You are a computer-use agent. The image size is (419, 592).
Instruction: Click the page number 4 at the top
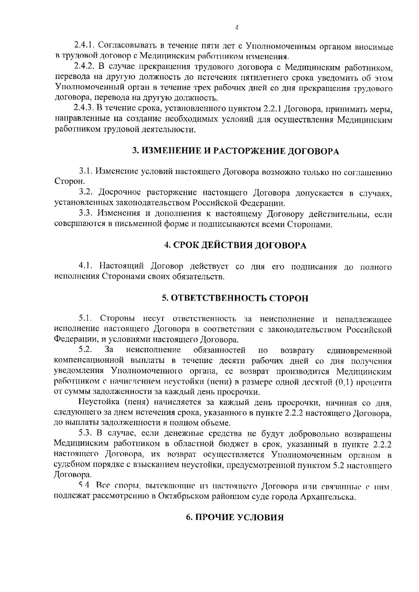(236, 28)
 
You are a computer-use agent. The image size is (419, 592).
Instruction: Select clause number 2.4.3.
(84, 109)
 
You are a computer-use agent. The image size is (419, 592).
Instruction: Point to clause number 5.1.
(86, 319)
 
